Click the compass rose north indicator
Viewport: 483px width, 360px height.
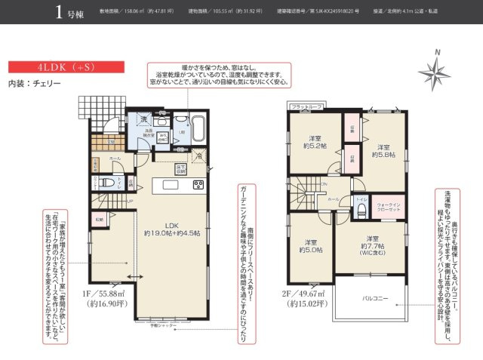pyautogui.click(x=434, y=72)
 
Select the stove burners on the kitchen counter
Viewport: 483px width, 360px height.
pyautogui.click(x=198, y=185)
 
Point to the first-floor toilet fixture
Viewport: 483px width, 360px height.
pyautogui.click(x=104, y=181)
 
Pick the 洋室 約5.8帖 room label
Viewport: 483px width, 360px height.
pyautogui.click(x=383, y=149)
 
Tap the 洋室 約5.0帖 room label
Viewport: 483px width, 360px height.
pyautogui.click(x=310, y=245)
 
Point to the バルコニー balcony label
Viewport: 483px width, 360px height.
pyautogui.click(x=374, y=299)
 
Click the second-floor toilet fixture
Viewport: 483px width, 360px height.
pyautogui.click(x=361, y=208)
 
